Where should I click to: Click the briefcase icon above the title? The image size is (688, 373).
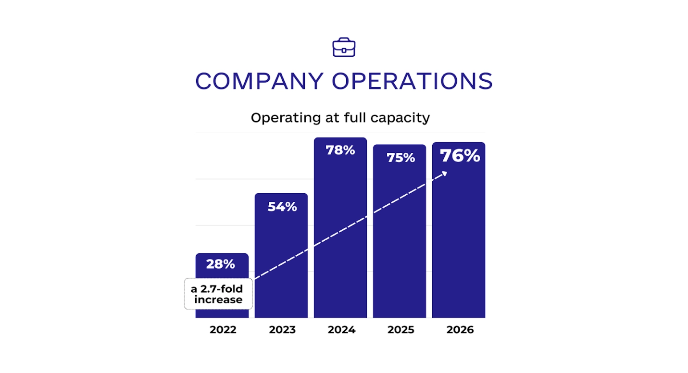tap(344, 48)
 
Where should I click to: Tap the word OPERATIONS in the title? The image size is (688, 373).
tap(412, 81)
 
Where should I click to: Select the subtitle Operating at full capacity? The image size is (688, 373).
tap(340, 118)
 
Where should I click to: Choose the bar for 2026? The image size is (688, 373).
tap(459, 240)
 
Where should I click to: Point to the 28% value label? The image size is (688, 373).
tap(221, 264)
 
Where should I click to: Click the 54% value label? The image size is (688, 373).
tap(282, 207)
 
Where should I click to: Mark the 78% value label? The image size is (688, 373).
tap(340, 150)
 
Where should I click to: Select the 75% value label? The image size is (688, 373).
tap(400, 158)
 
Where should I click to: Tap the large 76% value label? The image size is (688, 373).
tap(460, 156)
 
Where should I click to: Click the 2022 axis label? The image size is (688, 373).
tap(223, 330)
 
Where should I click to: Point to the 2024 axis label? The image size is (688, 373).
tap(341, 330)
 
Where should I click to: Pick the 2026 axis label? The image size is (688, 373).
tap(460, 330)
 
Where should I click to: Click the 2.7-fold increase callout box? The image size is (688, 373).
tap(219, 294)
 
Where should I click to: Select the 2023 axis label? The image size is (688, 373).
tap(282, 330)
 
